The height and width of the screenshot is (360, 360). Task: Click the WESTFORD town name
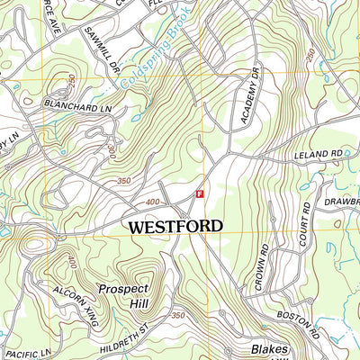point(175,227)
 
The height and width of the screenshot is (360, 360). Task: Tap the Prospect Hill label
point(124,296)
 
